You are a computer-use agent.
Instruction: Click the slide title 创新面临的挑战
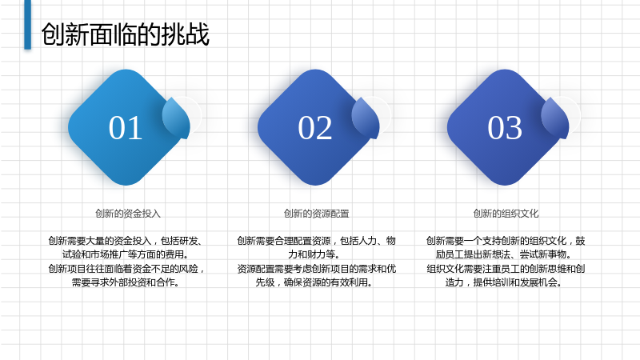pos(126,34)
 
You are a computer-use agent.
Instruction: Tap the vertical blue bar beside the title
pos(28,24)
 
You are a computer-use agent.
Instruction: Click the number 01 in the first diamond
pos(126,128)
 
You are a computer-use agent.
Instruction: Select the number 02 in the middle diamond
pos(315,128)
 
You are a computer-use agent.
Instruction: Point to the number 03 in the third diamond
pos(505,128)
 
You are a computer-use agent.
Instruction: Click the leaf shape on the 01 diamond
pos(176,118)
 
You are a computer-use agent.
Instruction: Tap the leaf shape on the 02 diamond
pos(366,118)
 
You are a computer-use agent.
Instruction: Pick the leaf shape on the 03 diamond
pos(555,118)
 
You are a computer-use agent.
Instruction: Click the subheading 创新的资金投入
pos(128,214)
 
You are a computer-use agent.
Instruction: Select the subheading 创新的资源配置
pos(316,214)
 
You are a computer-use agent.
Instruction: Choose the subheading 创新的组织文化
pos(506,214)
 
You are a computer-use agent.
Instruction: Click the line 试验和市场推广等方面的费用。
pos(126,254)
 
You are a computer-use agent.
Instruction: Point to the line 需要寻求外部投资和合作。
pos(126,282)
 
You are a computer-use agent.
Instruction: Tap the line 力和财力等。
pos(314,254)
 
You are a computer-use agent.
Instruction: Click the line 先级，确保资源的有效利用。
pos(314,282)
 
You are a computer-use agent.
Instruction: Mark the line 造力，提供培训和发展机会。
pos(504,282)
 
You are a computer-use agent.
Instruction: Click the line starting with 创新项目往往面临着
pos(126,269)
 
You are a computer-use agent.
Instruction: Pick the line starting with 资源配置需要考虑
pos(316,269)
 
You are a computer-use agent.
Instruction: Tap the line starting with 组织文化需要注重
pos(506,269)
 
